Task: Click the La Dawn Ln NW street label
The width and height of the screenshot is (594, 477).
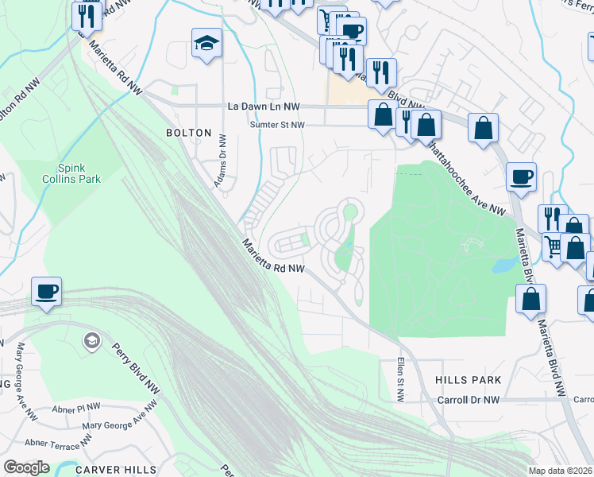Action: pyautogui.click(x=264, y=106)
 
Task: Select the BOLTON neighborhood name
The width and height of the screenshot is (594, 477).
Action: pyautogui.click(x=188, y=133)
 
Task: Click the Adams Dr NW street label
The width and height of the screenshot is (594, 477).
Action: pyautogui.click(x=222, y=163)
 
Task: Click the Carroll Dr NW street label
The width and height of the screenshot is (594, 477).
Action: pyautogui.click(x=469, y=400)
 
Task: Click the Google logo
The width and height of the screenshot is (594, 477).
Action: pyautogui.click(x=26, y=467)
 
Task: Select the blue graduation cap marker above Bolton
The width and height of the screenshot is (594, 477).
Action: pyautogui.click(x=206, y=43)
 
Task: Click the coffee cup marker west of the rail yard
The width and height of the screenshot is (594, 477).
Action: pyautogui.click(x=46, y=291)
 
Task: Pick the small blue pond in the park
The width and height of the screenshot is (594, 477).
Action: pyautogui.click(x=503, y=265)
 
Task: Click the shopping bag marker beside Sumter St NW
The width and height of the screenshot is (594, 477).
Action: pyautogui.click(x=383, y=114)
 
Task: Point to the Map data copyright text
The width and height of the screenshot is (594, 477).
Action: pyautogui.click(x=561, y=471)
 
